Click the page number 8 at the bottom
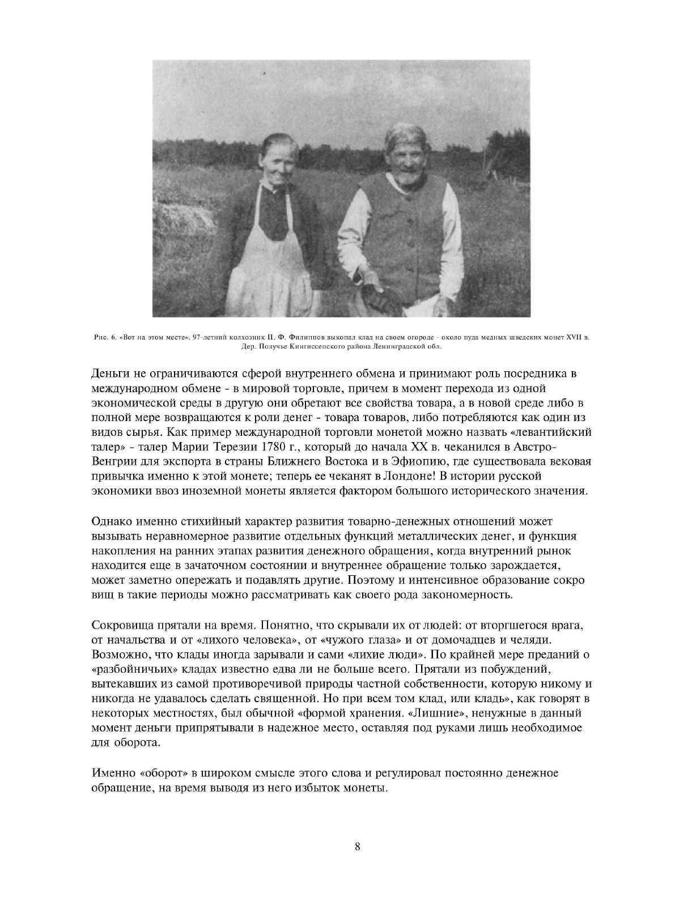(357, 847)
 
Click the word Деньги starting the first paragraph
(111, 374)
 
